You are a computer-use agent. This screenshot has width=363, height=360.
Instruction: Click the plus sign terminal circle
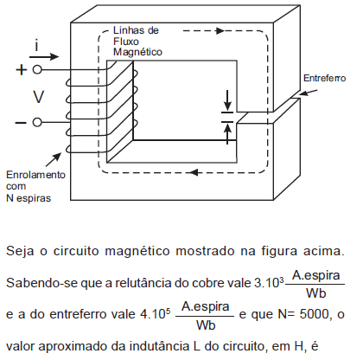pyautogui.click(x=37, y=70)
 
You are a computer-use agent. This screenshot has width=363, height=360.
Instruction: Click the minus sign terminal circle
pyautogui.click(x=37, y=122)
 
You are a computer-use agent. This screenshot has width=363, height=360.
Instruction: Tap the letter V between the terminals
pyautogui.click(x=38, y=97)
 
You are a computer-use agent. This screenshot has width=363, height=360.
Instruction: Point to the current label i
pyautogui.click(x=36, y=46)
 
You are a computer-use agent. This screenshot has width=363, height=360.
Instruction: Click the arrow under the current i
pyautogui.click(x=44, y=56)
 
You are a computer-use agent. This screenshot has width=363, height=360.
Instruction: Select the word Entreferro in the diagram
pyautogui.click(x=325, y=78)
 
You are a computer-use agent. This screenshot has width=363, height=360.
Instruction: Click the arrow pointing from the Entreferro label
pyautogui.click(x=309, y=93)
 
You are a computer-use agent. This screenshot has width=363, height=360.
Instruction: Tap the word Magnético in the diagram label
pyautogui.click(x=137, y=52)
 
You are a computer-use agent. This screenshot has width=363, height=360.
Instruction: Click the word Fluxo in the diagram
pyautogui.click(x=126, y=42)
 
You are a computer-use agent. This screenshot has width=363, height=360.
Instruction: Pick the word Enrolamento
pyautogui.click(x=35, y=175)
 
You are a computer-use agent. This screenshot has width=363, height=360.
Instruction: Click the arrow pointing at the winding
pyautogui.click(x=54, y=159)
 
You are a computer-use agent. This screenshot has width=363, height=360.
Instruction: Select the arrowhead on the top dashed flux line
pyautogui.click(x=220, y=30)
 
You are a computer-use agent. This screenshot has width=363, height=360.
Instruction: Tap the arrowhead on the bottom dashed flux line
pyautogui.click(x=194, y=172)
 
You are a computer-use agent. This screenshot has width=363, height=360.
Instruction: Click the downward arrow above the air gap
pyautogui.click(x=227, y=100)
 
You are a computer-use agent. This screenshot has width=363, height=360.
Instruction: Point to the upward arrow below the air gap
pyautogui.click(x=227, y=133)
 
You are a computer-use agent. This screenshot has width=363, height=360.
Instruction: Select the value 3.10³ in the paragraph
pyautogui.click(x=269, y=283)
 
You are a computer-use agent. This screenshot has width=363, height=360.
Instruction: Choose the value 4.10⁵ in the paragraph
pyautogui.click(x=156, y=314)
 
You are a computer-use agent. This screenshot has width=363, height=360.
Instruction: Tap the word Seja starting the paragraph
pyautogui.click(x=20, y=251)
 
